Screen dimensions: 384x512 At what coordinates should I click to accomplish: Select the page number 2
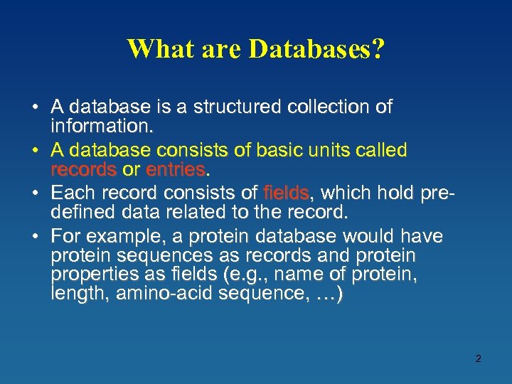(478, 358)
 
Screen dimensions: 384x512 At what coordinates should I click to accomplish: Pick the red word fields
(286, 193)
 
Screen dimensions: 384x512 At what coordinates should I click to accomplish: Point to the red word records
(84, 171)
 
